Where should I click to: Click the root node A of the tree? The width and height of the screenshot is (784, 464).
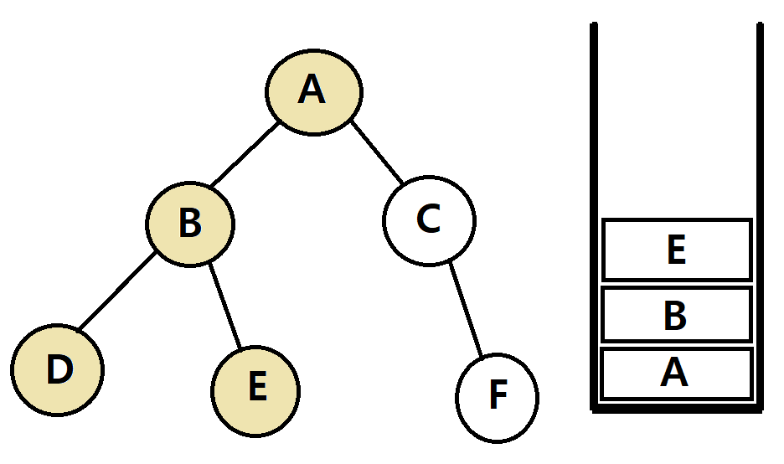tap(314, 90)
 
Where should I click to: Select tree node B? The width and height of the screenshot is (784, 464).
tap(191, 224)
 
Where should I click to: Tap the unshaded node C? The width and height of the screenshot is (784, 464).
tap(429, 220)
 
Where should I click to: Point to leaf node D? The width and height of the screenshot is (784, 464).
tap(57, 370)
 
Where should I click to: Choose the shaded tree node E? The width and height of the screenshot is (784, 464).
tap(255, 389)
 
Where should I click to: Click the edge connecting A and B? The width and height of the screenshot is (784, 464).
tap(244, 156)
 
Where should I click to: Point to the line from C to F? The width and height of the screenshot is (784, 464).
tap(467, 309)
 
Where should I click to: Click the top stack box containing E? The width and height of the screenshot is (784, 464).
tap(676, 250)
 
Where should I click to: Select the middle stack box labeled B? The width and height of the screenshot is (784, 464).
tap(676, 315)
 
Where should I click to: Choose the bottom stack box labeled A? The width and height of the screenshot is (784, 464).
tap(676, 374)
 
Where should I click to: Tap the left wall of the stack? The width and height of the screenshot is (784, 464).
tap(594, 209)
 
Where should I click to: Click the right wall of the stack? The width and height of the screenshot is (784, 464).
tap(760, 209)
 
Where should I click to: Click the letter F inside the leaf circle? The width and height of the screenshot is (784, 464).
tap(498, 397)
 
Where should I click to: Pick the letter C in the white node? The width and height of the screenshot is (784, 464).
tap(428, 220)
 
